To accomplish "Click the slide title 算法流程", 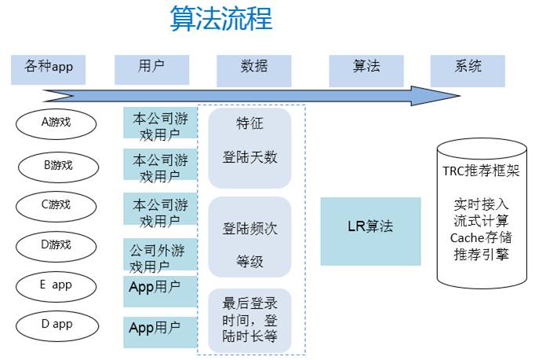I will [x=221, y=19].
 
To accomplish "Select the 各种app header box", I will [x=49, y=68].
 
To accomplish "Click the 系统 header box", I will [x=468, y=68].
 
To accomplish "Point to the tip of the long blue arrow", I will [x=458, y=96].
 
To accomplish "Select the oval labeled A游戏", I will [x=56, y=123].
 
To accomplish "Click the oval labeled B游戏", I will [x=58, y=165].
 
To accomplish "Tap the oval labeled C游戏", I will [x=56, y=205].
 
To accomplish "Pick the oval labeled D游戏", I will [x=56, y=245].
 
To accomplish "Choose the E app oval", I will [x=56, y=285].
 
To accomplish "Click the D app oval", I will [x=56, y=324].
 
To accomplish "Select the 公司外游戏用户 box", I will [x=159, y=258].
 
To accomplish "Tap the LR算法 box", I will [x=370, y=227].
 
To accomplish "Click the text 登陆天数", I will [x=250, y=157].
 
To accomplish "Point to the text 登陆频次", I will [x=250, y=229].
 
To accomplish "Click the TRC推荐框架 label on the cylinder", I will [x=481, y=171].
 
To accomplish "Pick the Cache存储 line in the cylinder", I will [x=481, y=237].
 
